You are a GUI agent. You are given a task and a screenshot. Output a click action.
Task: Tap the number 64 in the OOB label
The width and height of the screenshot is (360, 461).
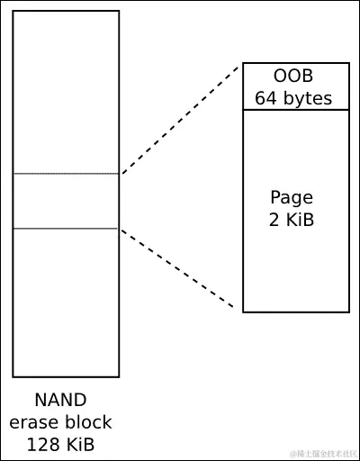pyautogui.click(x=267, y=97)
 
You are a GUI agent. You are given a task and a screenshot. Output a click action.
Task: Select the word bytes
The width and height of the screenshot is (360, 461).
pyautogui.click(x=309, y=97)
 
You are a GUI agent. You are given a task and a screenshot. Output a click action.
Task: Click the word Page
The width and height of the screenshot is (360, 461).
pyautogui.click(x=292, y=198)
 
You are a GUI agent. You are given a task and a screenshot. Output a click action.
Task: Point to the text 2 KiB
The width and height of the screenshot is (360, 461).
pyautogui.click(x=292, y=220)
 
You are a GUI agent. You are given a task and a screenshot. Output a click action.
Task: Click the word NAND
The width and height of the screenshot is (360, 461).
pyautogui.click(x=61, y=401)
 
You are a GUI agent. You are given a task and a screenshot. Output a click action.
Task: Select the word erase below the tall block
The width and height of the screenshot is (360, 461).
pyautogui.click(x=36, y=421)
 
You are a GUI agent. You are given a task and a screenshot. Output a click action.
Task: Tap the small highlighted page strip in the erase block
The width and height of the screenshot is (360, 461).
pyautogui.click(x=66, y=201)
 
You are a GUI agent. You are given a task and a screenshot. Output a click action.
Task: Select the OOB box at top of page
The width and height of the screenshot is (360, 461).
pyautogui.click(x=295, y=86)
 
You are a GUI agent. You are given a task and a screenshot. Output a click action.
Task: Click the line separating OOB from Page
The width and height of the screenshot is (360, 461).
pyautogui.click(x=295, y=110)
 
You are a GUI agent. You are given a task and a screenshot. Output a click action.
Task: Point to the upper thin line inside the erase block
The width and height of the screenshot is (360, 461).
pyautogui.click(x=66, y=174)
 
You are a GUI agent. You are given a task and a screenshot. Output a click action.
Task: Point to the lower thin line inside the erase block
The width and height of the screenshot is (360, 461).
pyautogui.click(x=66, y=229)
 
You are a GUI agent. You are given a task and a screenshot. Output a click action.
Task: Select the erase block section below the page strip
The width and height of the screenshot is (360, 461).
pyautogui.click(x=66, y=302)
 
